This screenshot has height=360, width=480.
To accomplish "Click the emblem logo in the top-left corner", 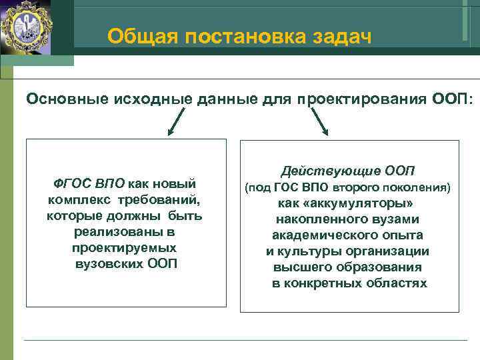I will pos(27,27).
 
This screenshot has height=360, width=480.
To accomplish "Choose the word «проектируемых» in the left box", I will pos(124,248).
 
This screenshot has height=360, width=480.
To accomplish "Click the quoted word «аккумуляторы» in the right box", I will pos(357,203).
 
